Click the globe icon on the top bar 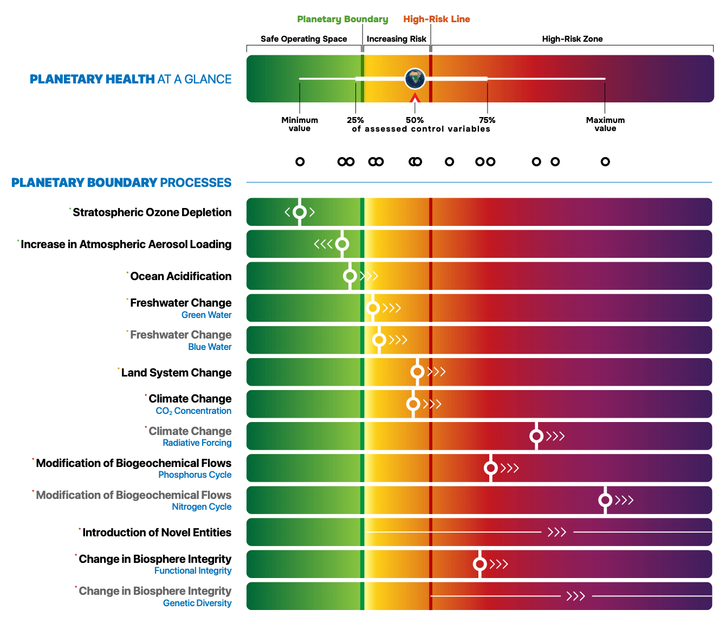415,79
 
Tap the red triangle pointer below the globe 415,98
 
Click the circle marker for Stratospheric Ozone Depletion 300,212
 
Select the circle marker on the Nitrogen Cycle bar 605,500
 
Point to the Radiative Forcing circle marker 536,436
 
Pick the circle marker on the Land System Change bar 417,372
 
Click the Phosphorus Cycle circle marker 491,468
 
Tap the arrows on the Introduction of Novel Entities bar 557,533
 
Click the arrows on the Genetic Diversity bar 576,596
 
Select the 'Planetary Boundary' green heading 342,20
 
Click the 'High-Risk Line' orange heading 437,20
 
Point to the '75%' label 487,120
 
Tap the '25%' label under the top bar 355,120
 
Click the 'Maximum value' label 605,124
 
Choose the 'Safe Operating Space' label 304,39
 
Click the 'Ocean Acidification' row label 181,276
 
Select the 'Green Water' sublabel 206,315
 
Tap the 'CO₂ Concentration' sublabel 193,411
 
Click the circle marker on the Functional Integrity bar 479,564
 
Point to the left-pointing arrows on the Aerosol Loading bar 323,244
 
